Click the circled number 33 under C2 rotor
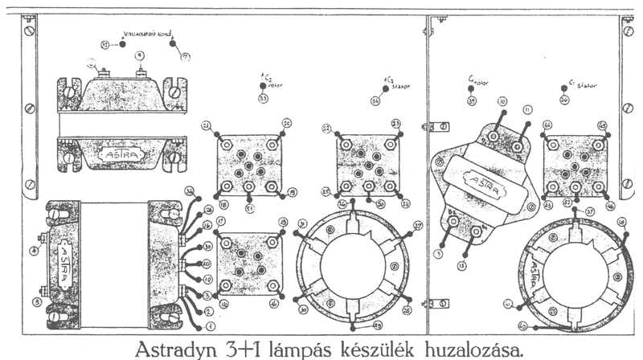coord(263,99)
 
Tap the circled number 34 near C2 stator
coord(375,101)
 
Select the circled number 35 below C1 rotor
coord(472,101)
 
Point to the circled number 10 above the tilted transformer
coord(502,102)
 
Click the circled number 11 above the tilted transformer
coord(527,108)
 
